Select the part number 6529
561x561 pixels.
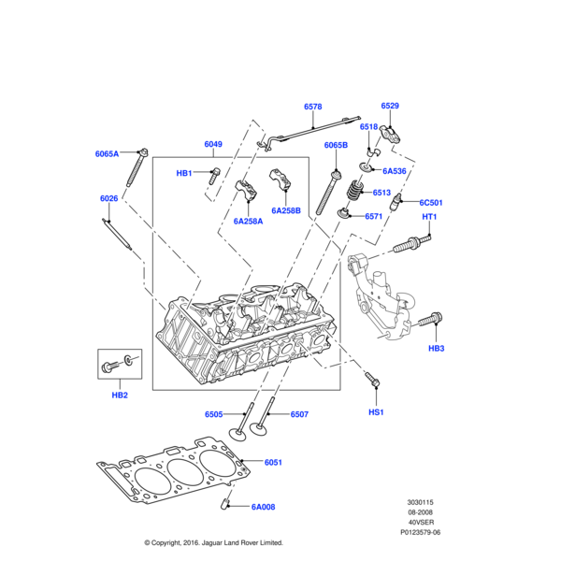tap(390, 107)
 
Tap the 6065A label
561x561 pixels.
tap(108, 153)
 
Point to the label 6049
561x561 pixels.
tap(213, 144)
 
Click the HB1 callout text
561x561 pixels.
tap(184, 173)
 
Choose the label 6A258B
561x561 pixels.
tap(286, 210)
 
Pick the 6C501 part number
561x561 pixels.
tap(430, 203)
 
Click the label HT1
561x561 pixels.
tap(430, 218)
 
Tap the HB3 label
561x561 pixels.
tap(437, 349)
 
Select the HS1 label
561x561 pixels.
tap(376, 412)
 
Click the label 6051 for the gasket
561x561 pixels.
tap(273, 462)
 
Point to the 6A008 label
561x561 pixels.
tap(265, 508)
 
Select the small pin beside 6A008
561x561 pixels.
tap(226, 506)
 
